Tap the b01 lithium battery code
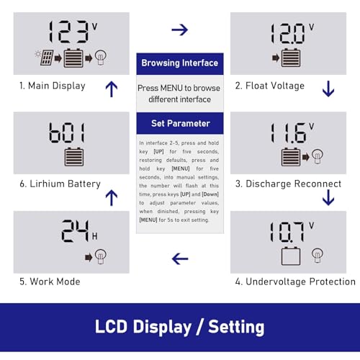click(67, 132)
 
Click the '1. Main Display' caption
click(53, 86)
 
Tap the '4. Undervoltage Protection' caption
click(295, 282)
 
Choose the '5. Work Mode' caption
click(50, 282)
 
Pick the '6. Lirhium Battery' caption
click(60, 184)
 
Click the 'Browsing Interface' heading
click(179, 63)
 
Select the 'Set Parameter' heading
click(179, 123)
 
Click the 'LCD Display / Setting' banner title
click(180, 327)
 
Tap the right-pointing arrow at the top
click(180, 30)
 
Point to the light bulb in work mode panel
click(101, 256)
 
